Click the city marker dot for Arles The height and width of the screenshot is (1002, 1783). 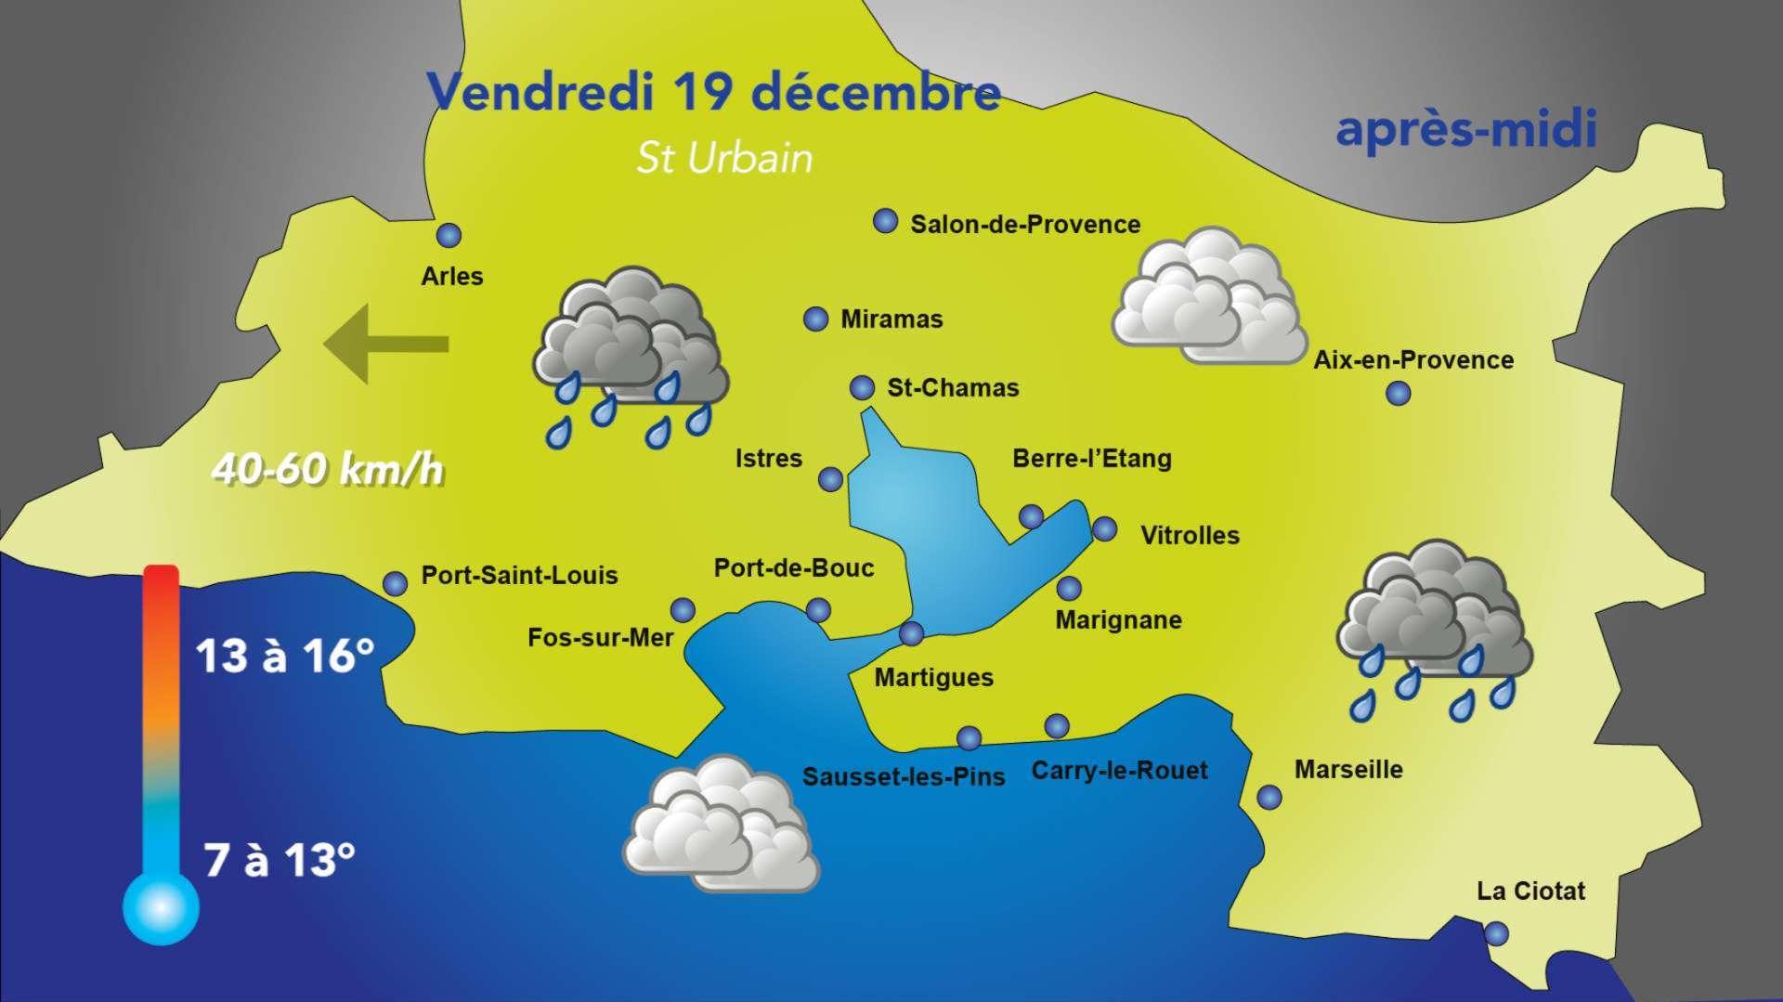pos(449,236)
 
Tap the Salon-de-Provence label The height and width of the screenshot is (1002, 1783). pos(1024,225)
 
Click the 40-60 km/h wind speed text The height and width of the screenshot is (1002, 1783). pos(327,470)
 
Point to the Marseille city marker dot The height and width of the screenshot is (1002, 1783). pos(1269,797)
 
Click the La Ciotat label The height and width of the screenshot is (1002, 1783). pos(1530,891)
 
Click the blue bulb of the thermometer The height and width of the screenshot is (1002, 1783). pos(161,905)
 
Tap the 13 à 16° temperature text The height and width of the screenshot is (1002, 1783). pos(285,657)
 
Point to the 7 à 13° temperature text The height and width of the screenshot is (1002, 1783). pos(280,860)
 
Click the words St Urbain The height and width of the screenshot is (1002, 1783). pos(724,159)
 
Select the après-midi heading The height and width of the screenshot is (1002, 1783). pos(1465,130)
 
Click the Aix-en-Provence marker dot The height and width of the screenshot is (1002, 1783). pos(1398,394)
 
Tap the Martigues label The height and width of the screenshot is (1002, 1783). pos(933,678)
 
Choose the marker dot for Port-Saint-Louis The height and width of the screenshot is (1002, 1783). pos(396,583)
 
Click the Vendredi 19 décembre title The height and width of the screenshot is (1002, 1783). pos(713,92)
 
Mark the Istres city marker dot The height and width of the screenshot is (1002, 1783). pos(830,479)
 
